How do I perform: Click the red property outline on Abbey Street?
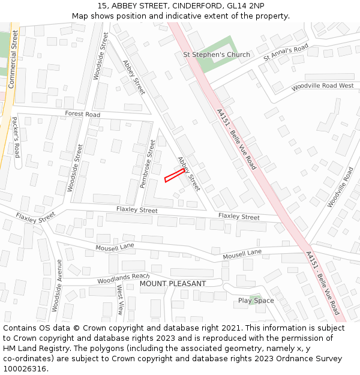[x=174, y=175]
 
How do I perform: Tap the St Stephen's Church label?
[x=216, y=55]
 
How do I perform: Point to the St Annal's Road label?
[x=286, y=53]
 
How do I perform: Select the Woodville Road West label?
[x=322, y=86]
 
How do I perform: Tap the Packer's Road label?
[x=16, y=137]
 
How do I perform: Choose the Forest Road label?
[x=83, y=114]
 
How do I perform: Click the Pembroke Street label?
[x=148, y=164]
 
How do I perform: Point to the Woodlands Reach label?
[x=123, y=278]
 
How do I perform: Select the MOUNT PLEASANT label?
[x=173, y=283]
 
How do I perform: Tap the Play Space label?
[x=256, y=301]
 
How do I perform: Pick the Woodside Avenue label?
[x=56, y=286]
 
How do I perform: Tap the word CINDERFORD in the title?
[x=196, y=6]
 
